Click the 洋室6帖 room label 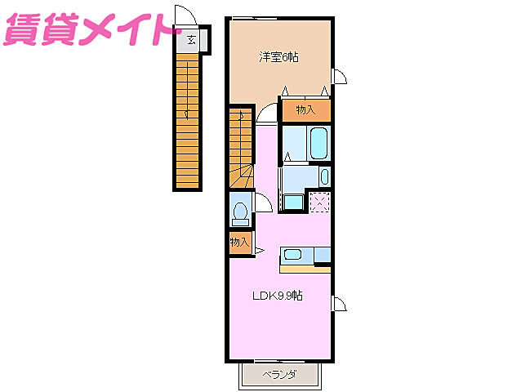click(278, 57)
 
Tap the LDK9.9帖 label click(276, 296)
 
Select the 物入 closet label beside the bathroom click(305, 109)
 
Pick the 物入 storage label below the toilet click(239, 243)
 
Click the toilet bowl click(240, 212)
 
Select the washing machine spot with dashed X click(319, 202)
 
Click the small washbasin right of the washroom click(325, 176)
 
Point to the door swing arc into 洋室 click(265, 114)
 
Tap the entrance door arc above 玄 click(185, 19)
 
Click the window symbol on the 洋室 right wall click(339, 78)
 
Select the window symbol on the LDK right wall click(339, 305)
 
